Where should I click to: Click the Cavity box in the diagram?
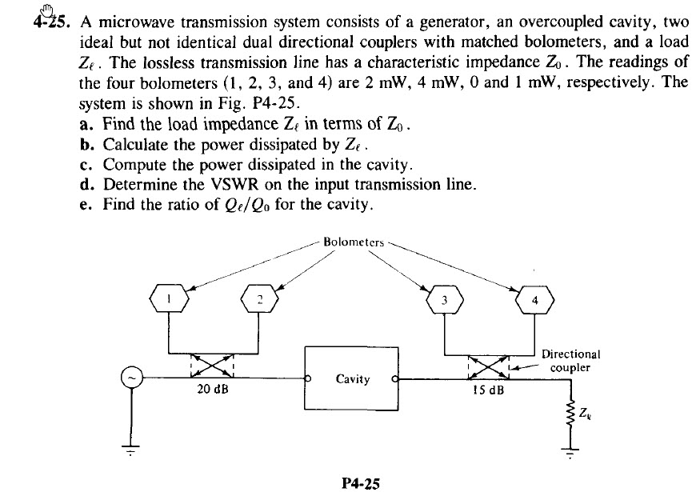point(352,378)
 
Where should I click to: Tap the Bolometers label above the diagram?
point(352,240)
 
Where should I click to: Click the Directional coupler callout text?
point(571,361)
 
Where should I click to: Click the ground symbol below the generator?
point(133,450)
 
